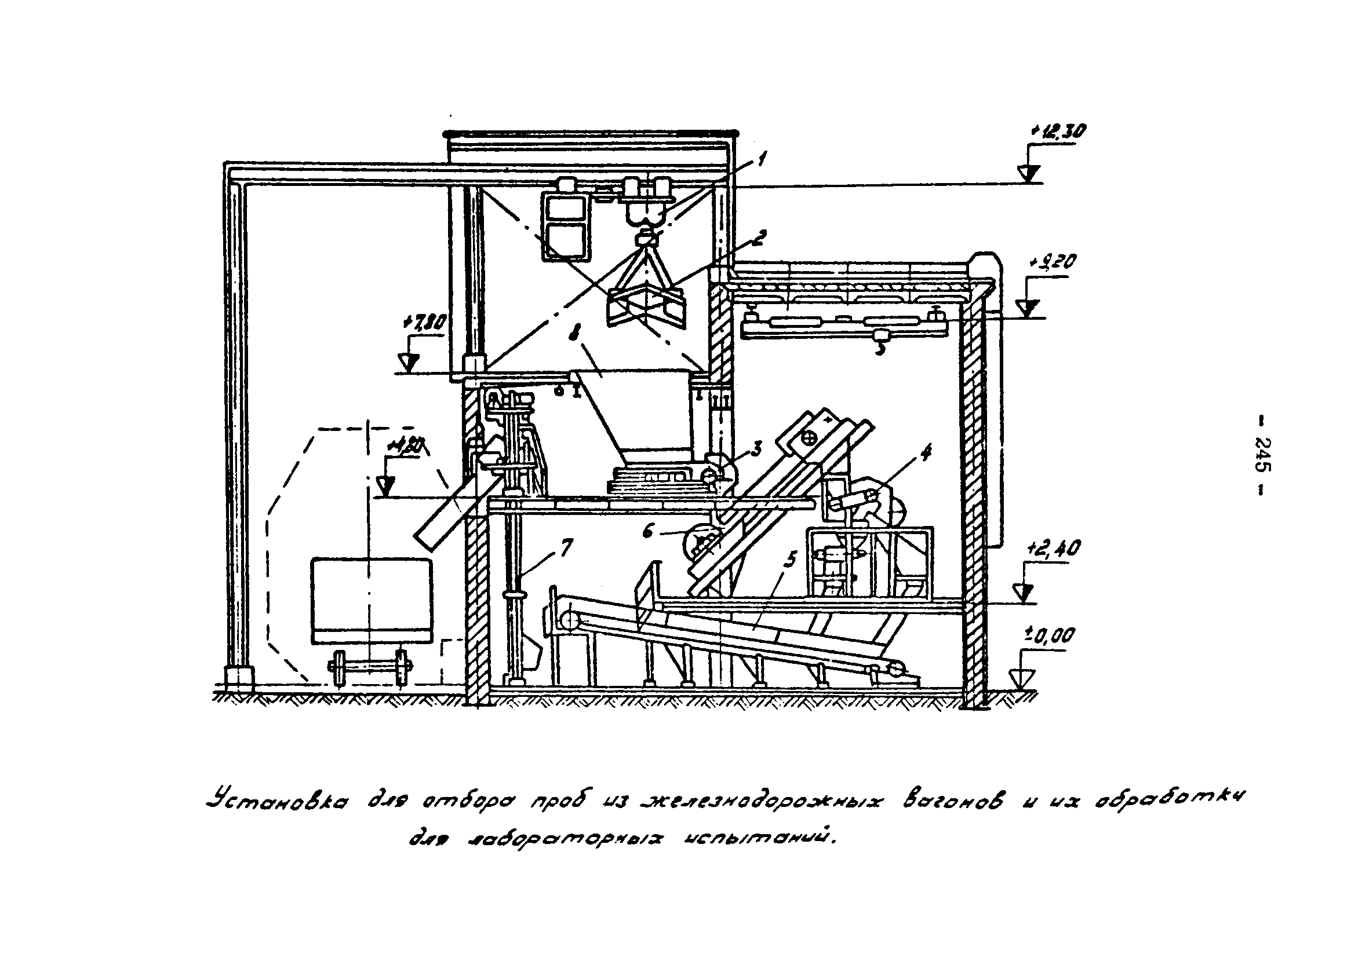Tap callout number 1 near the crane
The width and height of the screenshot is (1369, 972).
click(761, 160)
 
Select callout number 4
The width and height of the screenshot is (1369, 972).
click(926, 453)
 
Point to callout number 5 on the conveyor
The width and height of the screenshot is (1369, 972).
click(791, 560)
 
